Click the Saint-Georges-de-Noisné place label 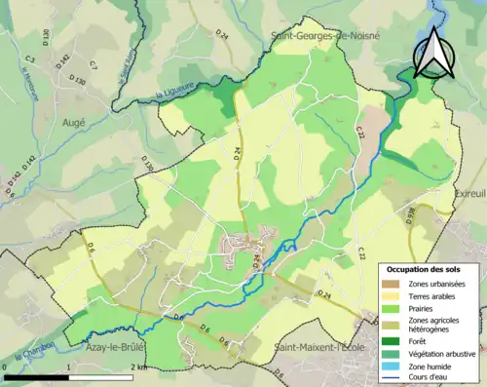[x=325, y=36]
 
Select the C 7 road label [x=93, y=65]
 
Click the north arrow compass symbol [x=431, y=53]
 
